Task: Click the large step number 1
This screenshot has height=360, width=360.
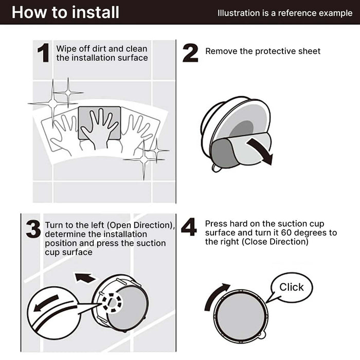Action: pyautogui.click(x=44, y=53)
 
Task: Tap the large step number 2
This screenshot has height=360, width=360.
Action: pyautogui.click(x=190, y=53)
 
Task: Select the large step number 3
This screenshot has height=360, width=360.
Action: pyautogui.click(x=33, y=229)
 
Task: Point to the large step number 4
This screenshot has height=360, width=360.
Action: pyautogui.click(x=189, y=227)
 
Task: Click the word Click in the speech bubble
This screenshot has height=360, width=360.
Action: pyautogui.click(x=292, y=287)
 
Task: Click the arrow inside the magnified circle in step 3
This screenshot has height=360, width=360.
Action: pyautogui.click(x=46, y=303)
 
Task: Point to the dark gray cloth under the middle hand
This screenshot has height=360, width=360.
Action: pyautogui.click(x=99, y=123)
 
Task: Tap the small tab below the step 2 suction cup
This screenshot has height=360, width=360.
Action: pyautogui.click(x=216, y=168)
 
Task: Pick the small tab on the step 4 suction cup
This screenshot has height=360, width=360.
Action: pyautogui.click(x=262, y=335)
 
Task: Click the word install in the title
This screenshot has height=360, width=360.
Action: pyautogui.click(x=96, y=12)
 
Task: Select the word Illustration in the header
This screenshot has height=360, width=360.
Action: pyautogui.click(x=239, y=13)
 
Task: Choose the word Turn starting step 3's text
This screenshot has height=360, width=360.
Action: pyautogui.click(x=52, y=225)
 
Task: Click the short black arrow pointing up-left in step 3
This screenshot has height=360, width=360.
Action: pyautogui.click(x=85, y=277)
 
